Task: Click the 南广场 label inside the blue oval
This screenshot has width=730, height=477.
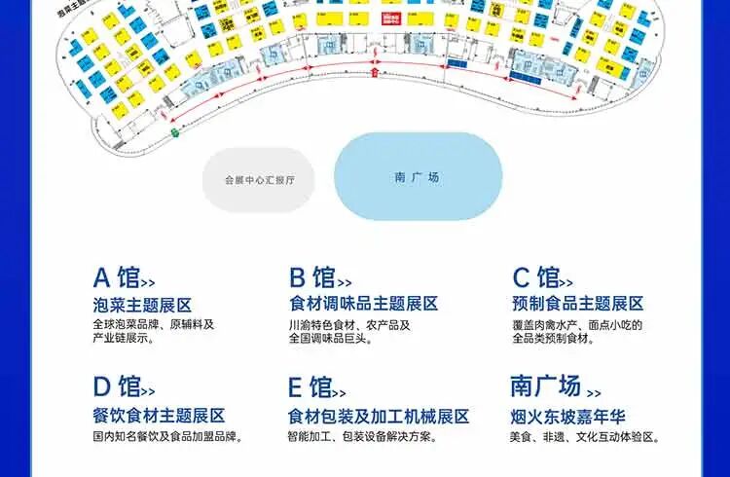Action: [418, 177]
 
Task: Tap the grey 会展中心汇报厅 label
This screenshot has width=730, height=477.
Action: [259, 180]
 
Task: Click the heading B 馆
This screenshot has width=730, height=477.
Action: [311, 277]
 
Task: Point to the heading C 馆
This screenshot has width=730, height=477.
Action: [536, 277]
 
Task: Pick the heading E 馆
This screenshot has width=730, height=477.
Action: [311, 386]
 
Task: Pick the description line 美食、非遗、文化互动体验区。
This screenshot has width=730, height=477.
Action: [585, 437]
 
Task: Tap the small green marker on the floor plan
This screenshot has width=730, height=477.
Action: [176, 131]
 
